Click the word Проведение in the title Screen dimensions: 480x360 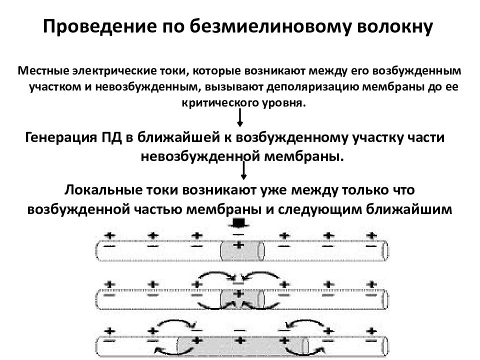point(100,26)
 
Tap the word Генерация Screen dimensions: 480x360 point(61,138)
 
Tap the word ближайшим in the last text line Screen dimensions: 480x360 point(408,209)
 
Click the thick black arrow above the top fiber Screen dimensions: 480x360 point(239,223)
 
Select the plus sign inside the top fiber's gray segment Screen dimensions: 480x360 point(239,245)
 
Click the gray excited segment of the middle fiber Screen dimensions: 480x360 point(242,299)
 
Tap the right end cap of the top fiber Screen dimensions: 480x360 point(385,250)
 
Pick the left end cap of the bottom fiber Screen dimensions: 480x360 point(98,347)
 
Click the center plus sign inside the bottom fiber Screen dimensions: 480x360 point(240,340)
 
